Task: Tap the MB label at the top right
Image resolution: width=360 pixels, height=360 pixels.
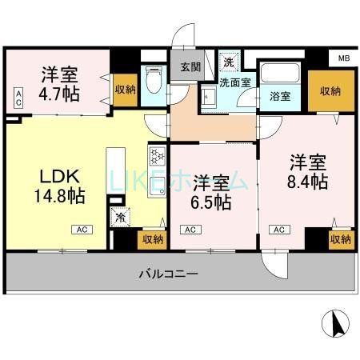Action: click(343, 58)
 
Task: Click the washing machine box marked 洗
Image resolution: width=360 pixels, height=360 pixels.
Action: click(229, 61)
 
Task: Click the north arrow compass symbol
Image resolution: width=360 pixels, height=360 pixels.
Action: click(335, 324)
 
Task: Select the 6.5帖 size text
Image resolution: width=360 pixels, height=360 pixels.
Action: click(211, 201)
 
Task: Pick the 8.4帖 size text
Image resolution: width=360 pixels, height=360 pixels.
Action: click(308, 181)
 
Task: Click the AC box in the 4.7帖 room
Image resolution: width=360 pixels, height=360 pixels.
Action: click(17, 100)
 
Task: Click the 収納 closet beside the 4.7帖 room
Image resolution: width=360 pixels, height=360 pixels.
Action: click(125, 89)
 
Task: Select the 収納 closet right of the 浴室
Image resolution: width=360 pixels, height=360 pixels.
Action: click(325, 91)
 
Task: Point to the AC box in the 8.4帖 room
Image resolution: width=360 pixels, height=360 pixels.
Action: click(279, 230)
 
